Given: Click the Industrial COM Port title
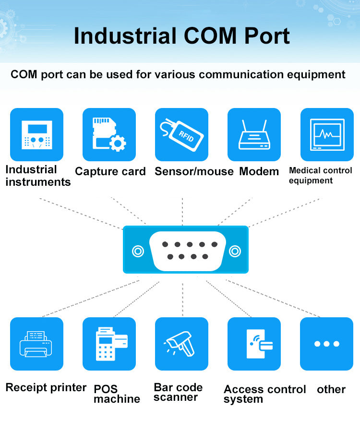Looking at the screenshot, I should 181,36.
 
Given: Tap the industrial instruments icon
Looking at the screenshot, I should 36,134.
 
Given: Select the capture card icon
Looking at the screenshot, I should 109,134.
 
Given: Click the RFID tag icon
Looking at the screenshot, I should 181,134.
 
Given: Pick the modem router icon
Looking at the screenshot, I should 254,134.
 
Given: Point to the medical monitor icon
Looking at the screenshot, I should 326,134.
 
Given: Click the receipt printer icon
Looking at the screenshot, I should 36,344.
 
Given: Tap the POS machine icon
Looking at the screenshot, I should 109,344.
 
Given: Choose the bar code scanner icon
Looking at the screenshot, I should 181,344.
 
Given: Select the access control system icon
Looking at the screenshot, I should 254,344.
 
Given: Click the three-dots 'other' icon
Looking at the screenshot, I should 326,344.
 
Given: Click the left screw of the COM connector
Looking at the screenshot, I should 138,251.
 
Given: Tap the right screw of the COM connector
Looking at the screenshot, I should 235,251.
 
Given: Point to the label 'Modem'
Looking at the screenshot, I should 259,171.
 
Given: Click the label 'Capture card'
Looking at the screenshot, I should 110,171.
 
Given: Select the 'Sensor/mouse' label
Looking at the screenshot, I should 194,171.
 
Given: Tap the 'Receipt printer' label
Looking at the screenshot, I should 46,387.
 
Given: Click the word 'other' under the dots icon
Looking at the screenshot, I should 331,389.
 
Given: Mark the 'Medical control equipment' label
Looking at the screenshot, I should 320,175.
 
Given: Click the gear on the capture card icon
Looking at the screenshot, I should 118,143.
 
